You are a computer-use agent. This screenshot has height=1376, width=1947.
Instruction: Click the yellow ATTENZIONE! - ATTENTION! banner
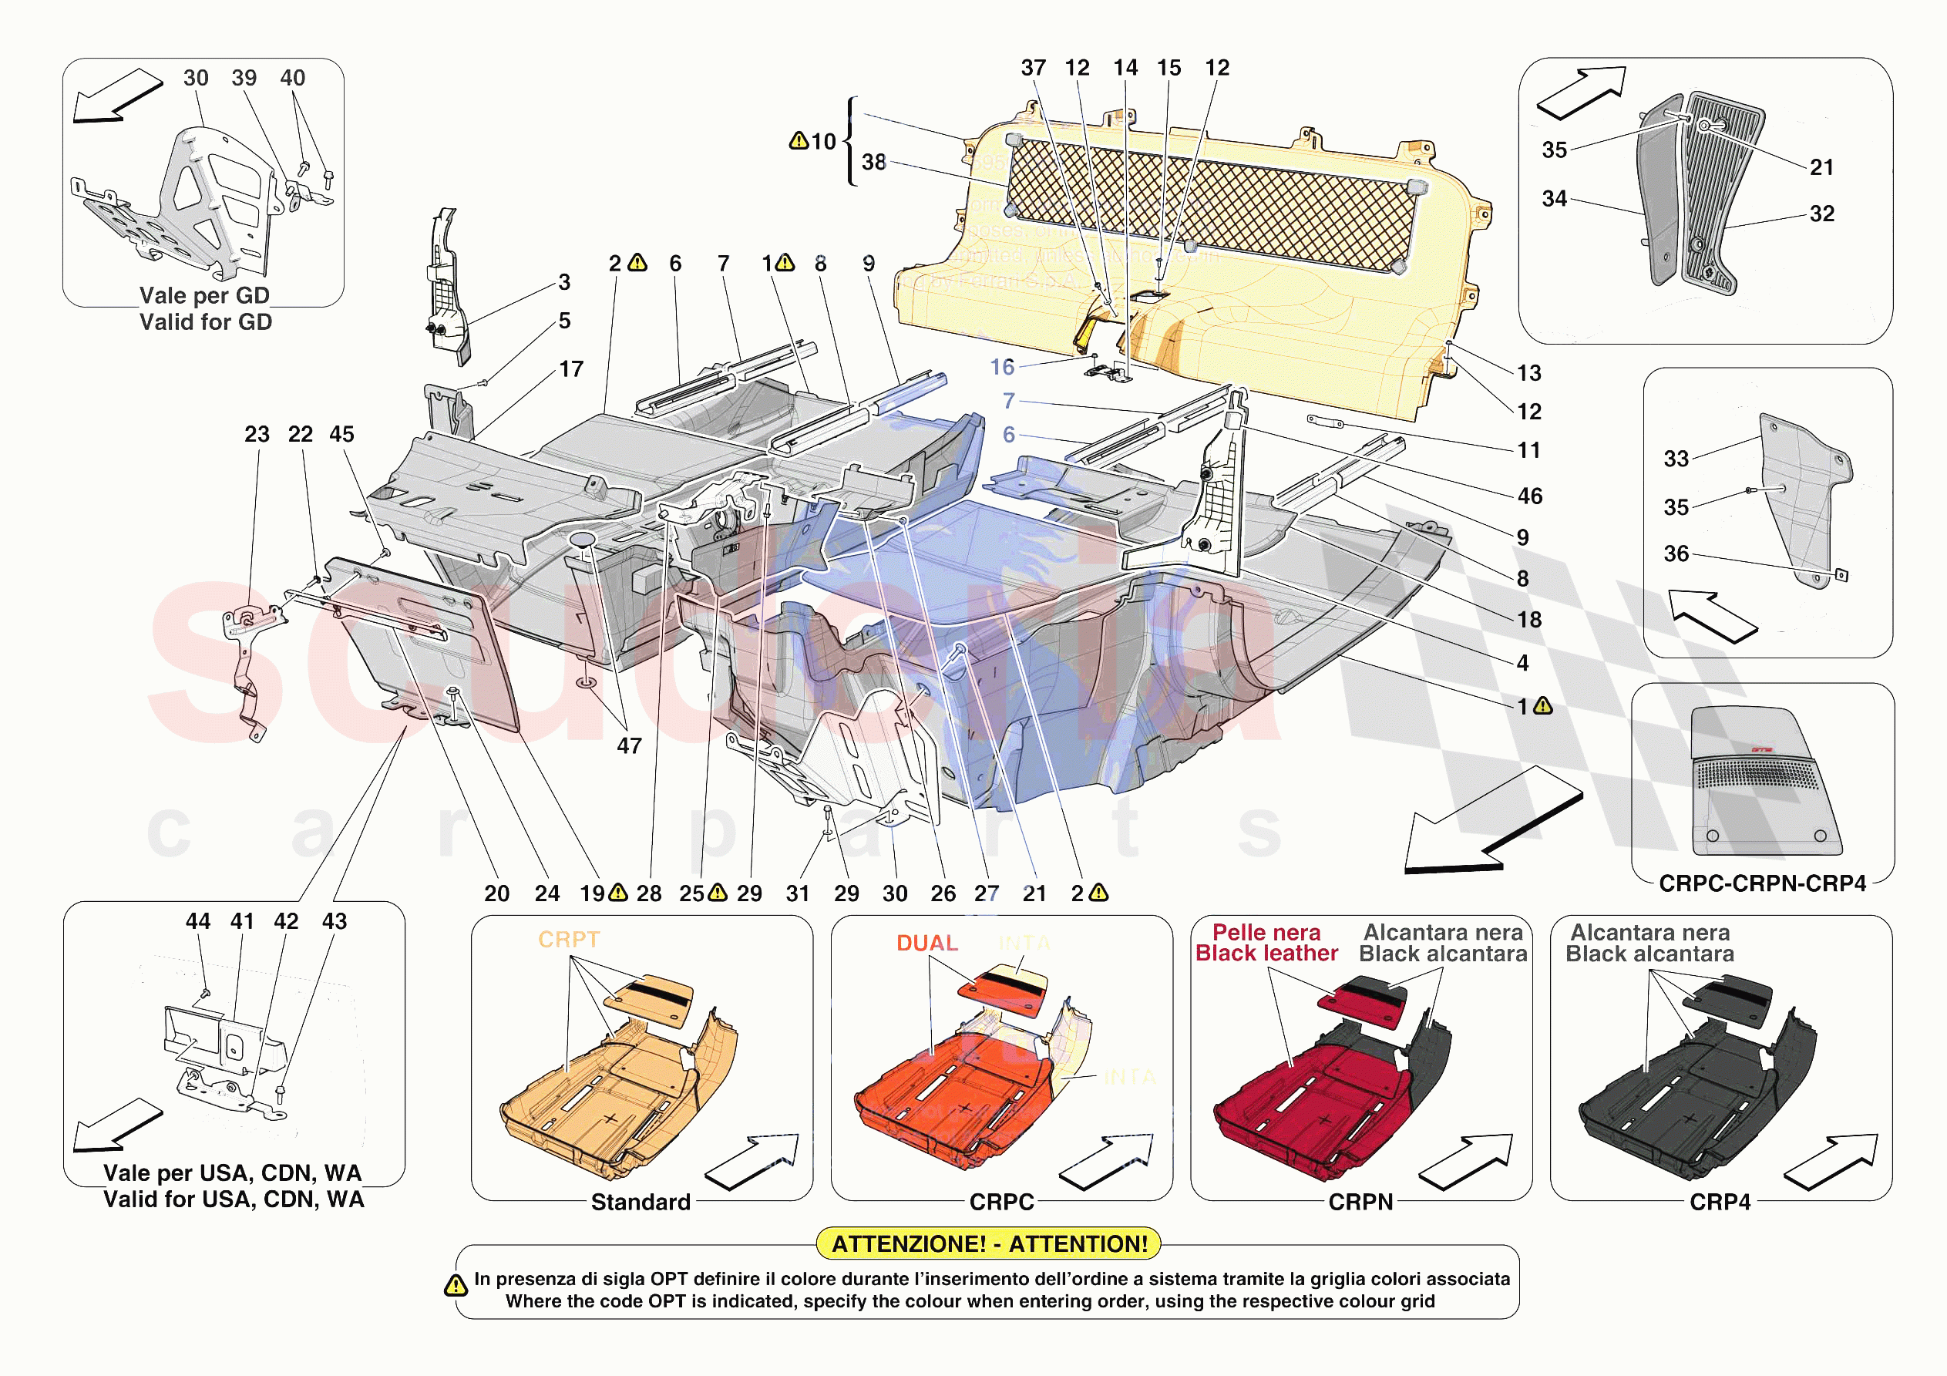pyautogui.click(x=988, y=1243)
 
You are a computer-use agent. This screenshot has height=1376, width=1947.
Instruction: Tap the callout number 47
pyautogui.click(x=628, y=745)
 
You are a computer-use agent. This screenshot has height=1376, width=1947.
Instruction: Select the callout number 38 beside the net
pyautogui.click(x=873, y=162)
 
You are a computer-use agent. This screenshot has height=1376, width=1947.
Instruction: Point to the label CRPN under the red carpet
pyautogui.click(x=1360, y=1201)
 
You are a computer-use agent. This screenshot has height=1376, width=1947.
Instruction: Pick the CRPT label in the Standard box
pyautogui.click(x=569, y=939)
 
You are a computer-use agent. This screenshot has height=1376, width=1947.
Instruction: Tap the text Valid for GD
pyautogui.click(x=205, y=322)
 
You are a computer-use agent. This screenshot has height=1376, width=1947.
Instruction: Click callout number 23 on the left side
pyautogui.click(x=257, y=434)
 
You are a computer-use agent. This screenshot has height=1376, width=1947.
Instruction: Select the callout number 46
pyautogui.click(x=1530, y=496)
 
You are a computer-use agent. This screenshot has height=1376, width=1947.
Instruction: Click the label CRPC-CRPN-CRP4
pyautogui.click(x=1762, y=883)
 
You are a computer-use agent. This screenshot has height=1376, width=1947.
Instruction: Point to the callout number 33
pyautogui.click(x=1676, y=459)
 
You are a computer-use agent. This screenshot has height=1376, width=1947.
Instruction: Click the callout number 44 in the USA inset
pyautogui.click(x=197, y=921)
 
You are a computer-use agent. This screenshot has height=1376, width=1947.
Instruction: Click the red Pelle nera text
pyautogui.click(x=1266, y=932)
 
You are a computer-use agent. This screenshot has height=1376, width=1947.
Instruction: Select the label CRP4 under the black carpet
pyautogui.click(x=1720, y=1201)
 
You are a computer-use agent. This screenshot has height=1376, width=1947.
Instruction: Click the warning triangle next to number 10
pyautogui.click(x=798, y=141)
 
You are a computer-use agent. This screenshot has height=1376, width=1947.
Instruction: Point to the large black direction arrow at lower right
pyautogui.click(x=1492, y=821)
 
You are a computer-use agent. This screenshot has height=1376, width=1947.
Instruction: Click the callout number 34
pyautogui.click(x=1554, y=199)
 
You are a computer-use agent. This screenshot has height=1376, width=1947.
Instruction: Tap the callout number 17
pyautogui.click(x=570, y=369)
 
